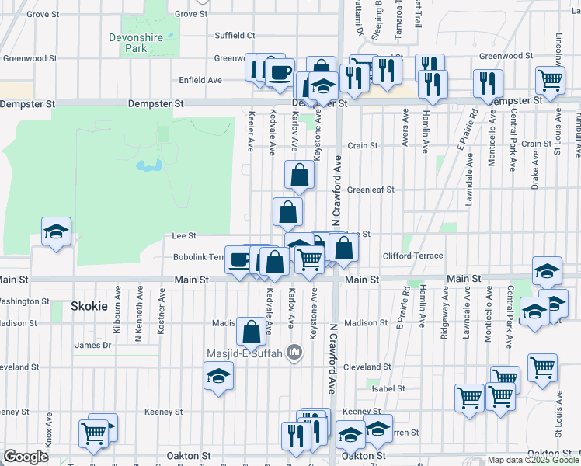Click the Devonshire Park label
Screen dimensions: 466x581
coord(125,41)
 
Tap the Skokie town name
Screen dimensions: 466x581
coord(89,306)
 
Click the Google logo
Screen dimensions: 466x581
coord(26,457)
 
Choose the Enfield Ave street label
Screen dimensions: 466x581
coord(200,80)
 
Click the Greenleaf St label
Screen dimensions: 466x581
coord(371,189)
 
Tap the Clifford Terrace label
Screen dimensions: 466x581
coord(412,256)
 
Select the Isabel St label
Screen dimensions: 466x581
coord(388,388)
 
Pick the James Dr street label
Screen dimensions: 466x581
coord(93,345)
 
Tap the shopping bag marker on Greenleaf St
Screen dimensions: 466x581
coord(299,176)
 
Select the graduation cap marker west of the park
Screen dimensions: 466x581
coord(56,231)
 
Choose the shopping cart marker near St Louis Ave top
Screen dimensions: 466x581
coord(550,78)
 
